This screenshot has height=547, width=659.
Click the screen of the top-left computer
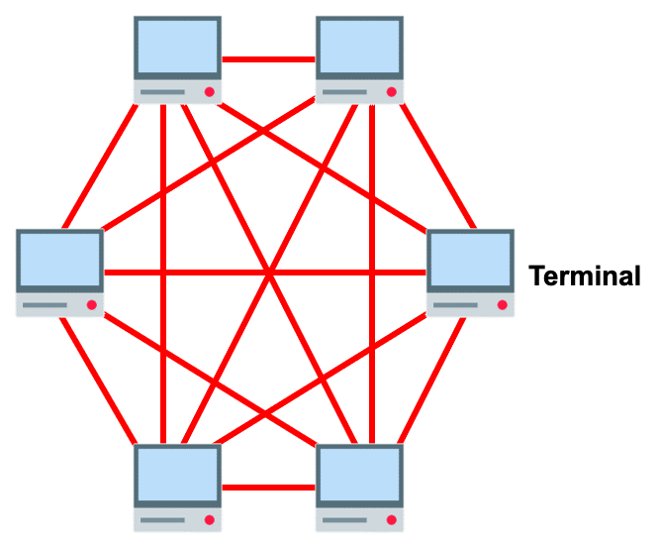[x=178, y=47]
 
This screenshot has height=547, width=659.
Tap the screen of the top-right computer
[x=359, y=47]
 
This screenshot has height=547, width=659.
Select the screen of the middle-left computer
[x=59, y=261]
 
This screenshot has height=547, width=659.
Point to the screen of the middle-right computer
[x=470, y=261]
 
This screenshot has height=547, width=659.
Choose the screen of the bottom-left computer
[x=178, y=475]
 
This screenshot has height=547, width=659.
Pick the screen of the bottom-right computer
[x=359, y=475]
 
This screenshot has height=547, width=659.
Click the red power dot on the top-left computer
[x=210, y=92]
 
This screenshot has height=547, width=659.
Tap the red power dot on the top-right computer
[x=391, y=92]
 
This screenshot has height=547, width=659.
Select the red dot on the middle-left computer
[x=91, y=305]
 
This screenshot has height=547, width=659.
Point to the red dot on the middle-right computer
[x=502, y=305]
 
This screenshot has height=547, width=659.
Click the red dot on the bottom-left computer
[x=210, y=519]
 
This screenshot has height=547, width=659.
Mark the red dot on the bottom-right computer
[x=391, y=519]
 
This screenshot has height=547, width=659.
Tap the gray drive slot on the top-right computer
[x=344, y=92]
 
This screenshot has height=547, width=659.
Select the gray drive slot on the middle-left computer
[x=45, y=305]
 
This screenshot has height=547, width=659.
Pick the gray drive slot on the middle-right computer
[x=455, y=305]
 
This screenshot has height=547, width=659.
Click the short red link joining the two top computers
[x=268, y=59]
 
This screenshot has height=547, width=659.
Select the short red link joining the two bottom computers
[x=268, y=488]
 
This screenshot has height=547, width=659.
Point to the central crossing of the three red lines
[x=268, y=273]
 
